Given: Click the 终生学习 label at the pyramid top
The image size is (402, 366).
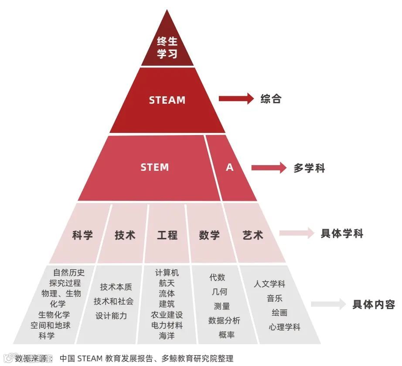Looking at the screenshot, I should tap(167, 48).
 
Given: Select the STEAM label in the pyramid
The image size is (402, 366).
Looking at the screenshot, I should tap(167, 100).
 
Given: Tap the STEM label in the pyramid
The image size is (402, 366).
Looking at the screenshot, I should tap(154, 167).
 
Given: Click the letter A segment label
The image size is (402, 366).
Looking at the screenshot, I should tap(230, 167).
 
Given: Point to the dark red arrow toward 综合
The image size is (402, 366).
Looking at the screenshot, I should tap(236, 99).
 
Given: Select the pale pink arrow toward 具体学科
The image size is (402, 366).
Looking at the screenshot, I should tap(296, 233).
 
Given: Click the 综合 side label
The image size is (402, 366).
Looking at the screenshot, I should tap(271, 99).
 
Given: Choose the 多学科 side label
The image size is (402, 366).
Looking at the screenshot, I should tap(309, 168).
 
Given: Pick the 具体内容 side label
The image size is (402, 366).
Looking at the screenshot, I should tap(374, 304).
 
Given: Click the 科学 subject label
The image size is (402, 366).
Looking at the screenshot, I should tap(82, 235).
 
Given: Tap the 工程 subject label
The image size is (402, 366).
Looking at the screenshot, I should tap(167, 235).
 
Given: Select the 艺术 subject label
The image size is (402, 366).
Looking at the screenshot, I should tap(253, 235).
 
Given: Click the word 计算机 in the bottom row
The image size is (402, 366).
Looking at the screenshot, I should tap(167, 273).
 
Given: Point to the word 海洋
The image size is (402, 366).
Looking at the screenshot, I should tap(167, 336).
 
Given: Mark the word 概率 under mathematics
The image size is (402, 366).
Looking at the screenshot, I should tap(227, 335).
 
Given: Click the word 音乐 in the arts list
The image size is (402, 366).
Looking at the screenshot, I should tap(275, 298).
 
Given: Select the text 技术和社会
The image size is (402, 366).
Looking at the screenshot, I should tap(113, 301).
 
